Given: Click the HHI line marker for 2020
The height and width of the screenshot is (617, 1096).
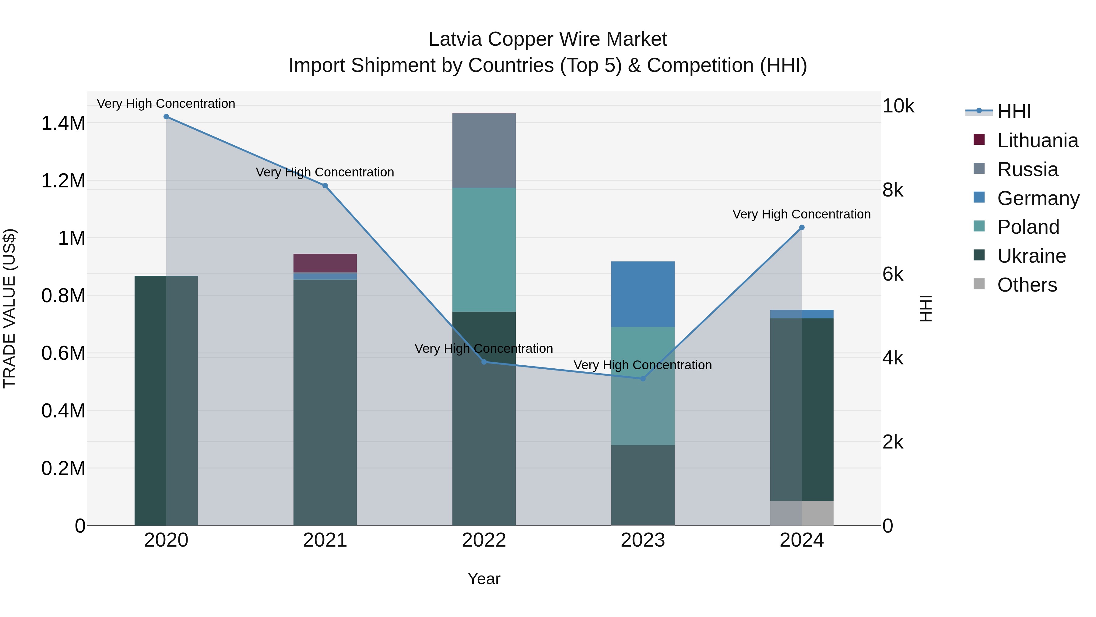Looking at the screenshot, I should tap(166, 117).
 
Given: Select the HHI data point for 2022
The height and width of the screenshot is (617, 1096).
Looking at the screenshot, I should tap(484, 362).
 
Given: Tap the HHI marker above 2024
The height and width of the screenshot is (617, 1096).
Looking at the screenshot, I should tap(802, 228).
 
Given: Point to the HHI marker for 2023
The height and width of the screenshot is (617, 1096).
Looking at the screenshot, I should tap(643, 378).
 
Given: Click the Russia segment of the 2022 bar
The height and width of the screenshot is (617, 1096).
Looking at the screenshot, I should tap(484, 151).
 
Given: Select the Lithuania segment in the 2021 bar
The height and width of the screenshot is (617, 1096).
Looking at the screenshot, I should tap(325, 263).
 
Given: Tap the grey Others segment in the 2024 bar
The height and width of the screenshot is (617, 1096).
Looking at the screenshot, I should tap(802, 513).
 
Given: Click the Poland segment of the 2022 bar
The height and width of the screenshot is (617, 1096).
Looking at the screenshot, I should tap(484, 250).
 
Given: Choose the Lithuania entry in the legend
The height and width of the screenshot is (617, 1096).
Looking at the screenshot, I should tap(1037, 140).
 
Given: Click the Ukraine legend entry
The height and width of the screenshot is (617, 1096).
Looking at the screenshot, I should tap(1031, 256).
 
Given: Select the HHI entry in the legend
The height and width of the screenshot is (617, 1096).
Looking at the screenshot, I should tap(1014, 112).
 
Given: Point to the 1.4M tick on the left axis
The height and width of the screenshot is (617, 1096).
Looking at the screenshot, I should tap(63, 123).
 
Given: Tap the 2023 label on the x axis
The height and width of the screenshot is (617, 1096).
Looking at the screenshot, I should tap(643, 540).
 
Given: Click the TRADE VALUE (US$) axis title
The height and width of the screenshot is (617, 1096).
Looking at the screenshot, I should tap(10, 308).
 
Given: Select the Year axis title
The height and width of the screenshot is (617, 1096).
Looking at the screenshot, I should tap(484, 579).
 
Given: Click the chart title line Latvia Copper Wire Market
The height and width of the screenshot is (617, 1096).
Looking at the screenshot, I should tap(548, 39).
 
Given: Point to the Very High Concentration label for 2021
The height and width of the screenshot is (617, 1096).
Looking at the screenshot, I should tap(325, 172).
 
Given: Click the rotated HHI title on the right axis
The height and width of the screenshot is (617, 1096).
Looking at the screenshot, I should tap(926, 308).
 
